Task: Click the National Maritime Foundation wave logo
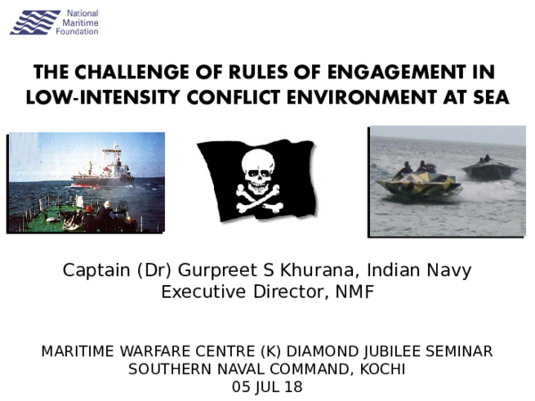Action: coord(35,22)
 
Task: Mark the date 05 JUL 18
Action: coord(267,387)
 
